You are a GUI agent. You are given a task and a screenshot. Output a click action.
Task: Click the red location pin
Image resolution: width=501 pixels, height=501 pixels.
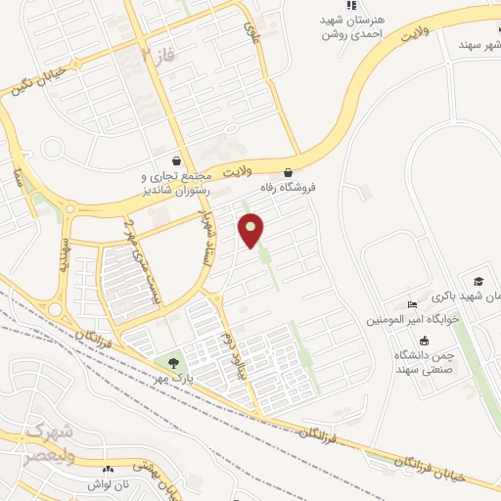coord(251,228)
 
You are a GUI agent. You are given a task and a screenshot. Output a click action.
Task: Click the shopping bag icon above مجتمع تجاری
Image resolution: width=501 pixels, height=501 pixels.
coord(176,160)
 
